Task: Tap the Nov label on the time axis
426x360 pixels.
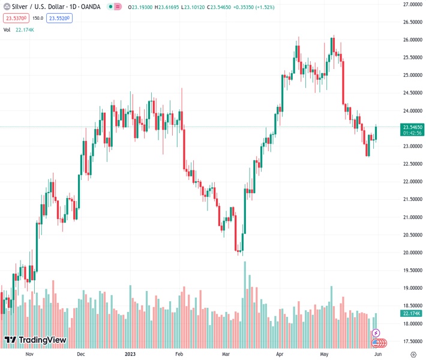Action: tap(29, 354)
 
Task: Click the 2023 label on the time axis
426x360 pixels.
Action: tap(131, 354)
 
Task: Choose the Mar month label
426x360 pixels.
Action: tap(226, 354)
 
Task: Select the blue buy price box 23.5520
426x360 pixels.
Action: tap(60, 19)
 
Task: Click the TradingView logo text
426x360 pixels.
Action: tap(42, 340)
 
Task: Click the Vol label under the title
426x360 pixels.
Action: tap(7, 29)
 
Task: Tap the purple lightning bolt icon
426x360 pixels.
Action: tap(376, 333)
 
